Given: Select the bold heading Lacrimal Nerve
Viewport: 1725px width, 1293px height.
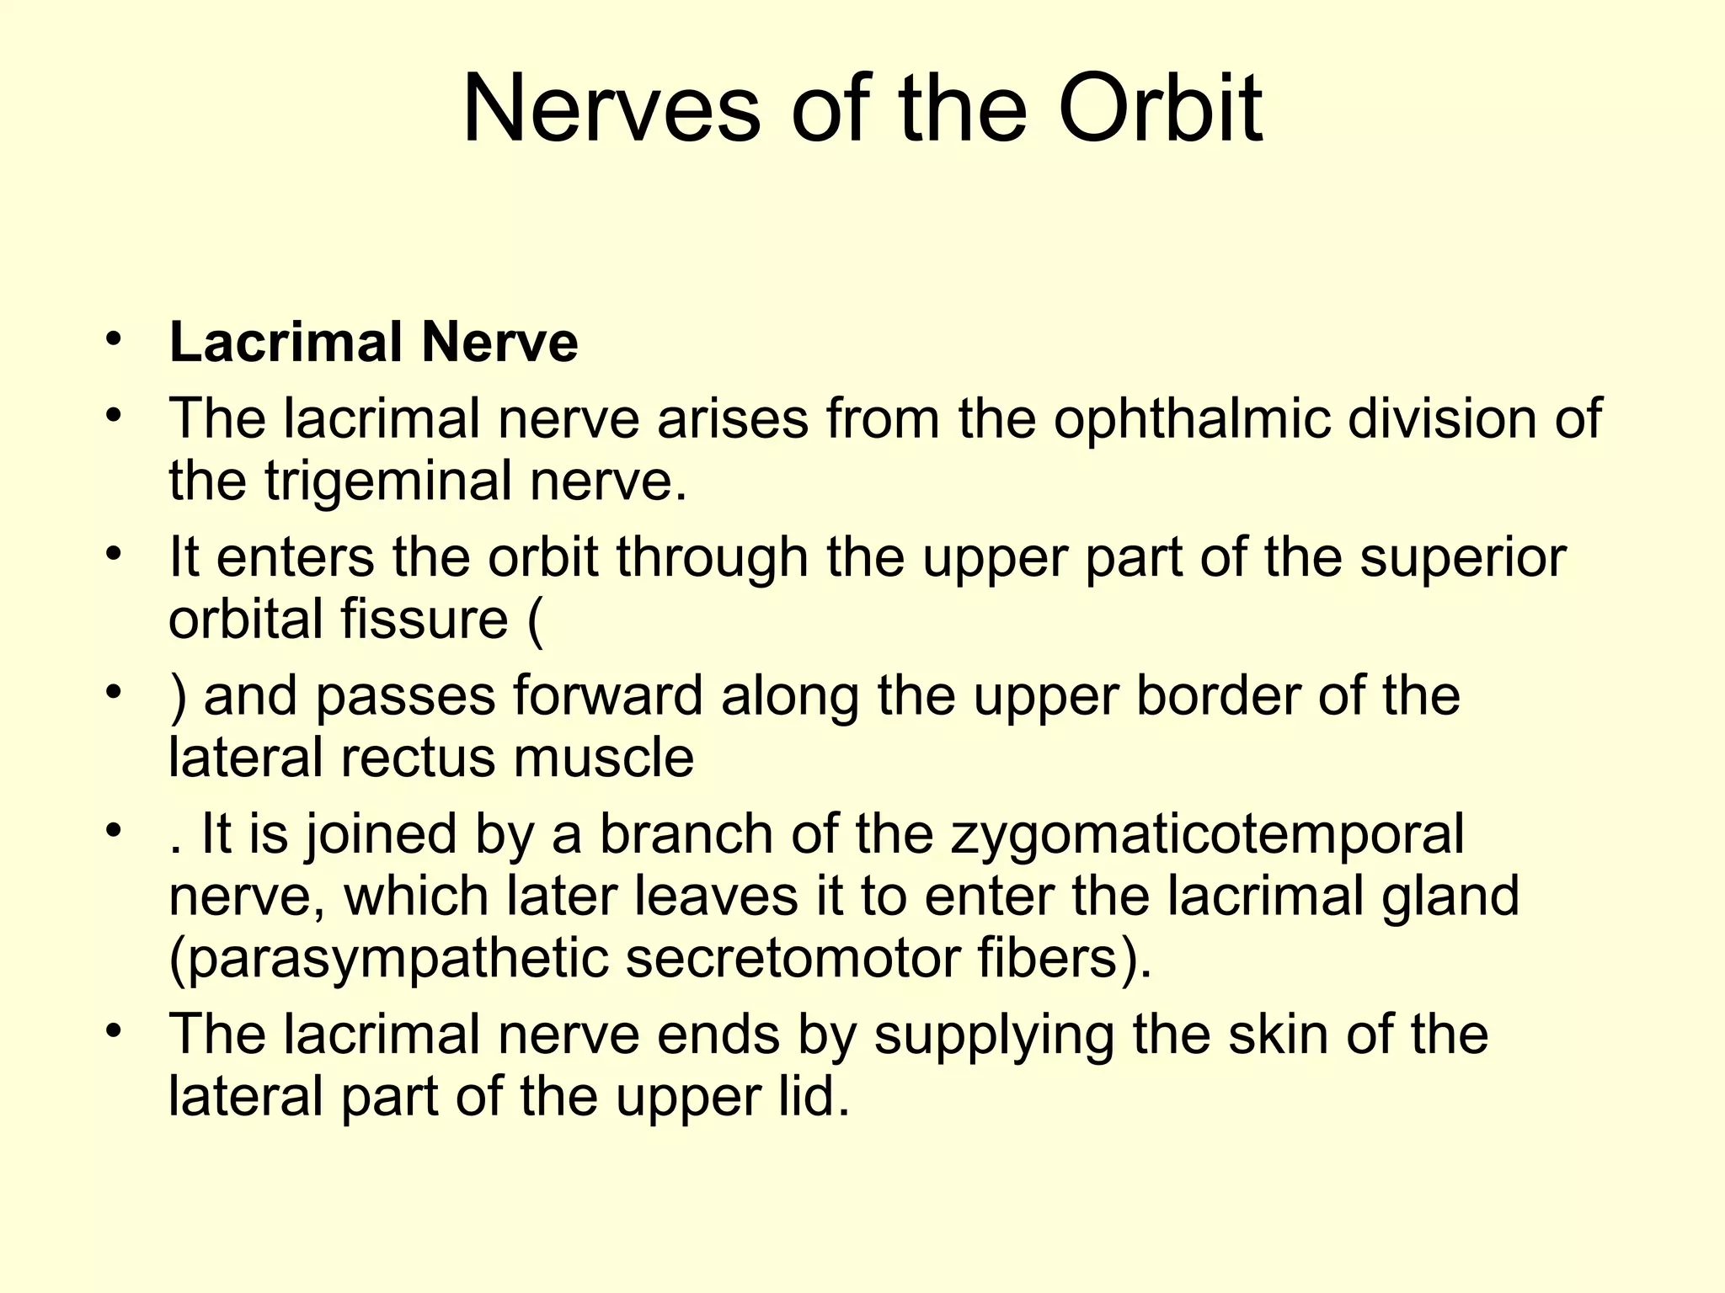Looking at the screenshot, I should [x=373, y=343].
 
